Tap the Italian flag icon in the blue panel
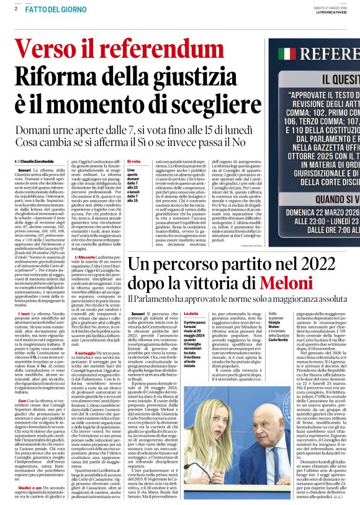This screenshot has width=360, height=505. tap(287, 53)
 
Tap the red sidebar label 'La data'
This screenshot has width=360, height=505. tap(191, 314)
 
